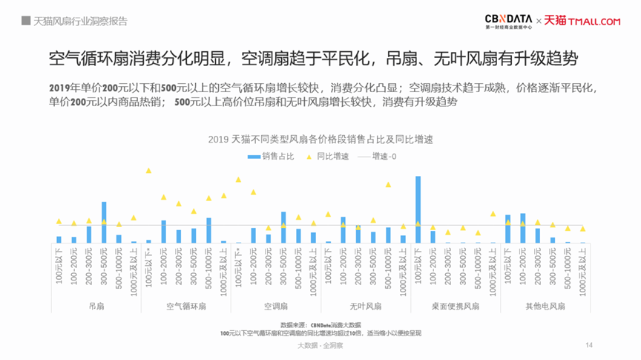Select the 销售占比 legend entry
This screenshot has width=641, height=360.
tap(272, 157)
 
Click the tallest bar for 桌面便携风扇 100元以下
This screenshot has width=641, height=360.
tap(418, 209)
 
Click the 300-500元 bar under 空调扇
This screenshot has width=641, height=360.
tap(283, 227)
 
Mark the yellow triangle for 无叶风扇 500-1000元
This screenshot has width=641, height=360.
tap(388, 185)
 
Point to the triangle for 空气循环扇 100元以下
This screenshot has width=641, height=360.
tap(148, 171)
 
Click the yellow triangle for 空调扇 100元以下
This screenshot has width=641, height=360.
tap(238, 180)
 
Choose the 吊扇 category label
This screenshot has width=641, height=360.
tap(96, 306)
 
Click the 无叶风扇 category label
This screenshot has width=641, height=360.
tap(365, 306)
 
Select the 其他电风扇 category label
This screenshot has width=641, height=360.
tap(545, 306)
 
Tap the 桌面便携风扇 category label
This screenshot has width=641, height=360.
tap(456, 306)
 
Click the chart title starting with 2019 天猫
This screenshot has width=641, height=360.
tap(320, 139)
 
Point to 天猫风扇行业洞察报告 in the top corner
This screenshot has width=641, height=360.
tap(80, 21)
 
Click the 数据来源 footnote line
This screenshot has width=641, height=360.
tap(320, 325)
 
